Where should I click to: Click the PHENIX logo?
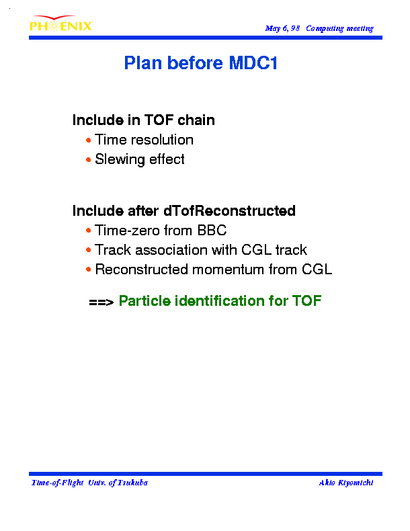(60, 24)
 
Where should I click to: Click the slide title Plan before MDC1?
(201, 63)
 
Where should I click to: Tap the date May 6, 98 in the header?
(283, 28)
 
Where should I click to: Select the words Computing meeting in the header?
(339, 28)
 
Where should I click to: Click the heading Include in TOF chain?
(144, 120)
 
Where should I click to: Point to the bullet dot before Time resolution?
(88, 140)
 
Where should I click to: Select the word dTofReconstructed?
(230, 210)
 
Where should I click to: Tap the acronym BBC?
(212, 231)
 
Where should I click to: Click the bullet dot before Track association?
(88, 250)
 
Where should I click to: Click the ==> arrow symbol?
(101, 302)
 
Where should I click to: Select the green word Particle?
(145, 300)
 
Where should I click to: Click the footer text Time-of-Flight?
(57, 483)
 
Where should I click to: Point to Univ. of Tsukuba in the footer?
(118, 483)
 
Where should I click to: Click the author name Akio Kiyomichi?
(346, 483)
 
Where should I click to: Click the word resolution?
(162, 140)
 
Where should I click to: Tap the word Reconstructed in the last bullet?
(142, 270)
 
